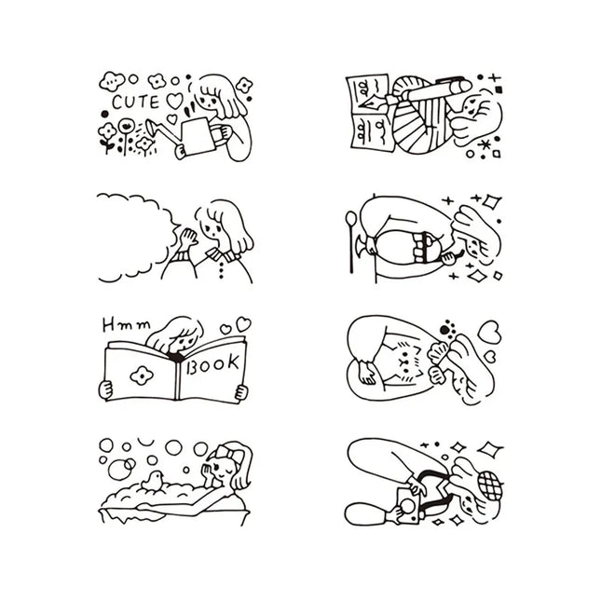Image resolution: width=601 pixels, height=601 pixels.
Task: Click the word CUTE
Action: coord(135,102)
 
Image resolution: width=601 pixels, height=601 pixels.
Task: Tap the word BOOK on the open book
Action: coord(212,363)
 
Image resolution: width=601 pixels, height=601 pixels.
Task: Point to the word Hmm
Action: coord(127,325)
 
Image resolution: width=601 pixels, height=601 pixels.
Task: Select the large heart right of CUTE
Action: coord(175,101)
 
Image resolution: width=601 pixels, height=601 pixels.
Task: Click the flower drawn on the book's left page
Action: coord(142,376)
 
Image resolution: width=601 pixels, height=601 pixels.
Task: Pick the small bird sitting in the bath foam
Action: coord(153,481)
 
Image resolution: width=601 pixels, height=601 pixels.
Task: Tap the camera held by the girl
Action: coord(409,505)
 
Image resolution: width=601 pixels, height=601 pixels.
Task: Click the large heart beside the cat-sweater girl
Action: coord(489,333)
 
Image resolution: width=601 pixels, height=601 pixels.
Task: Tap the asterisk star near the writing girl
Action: coord(485,144)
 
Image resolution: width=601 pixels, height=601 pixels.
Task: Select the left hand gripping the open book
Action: coord(105,389)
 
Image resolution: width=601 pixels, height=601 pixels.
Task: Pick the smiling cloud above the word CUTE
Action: coord(112,81)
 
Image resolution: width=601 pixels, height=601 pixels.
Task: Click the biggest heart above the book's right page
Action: coord(243,324)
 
